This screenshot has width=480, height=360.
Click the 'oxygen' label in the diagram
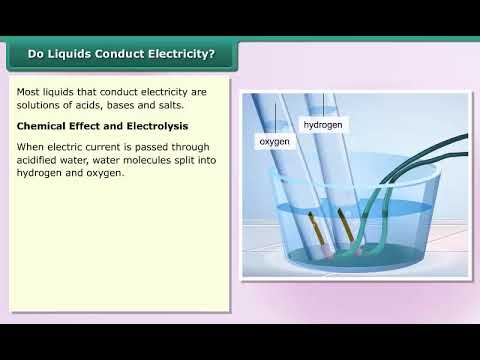pyautogui.click(x=274, y=142)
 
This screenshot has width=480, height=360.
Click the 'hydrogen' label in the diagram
pyautogui.click(x=322, y=125)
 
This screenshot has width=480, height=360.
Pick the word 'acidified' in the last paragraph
pyautogui.click(x=43, y=160)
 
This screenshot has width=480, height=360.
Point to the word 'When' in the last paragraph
pyautogui.click(x=32, y=147)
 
